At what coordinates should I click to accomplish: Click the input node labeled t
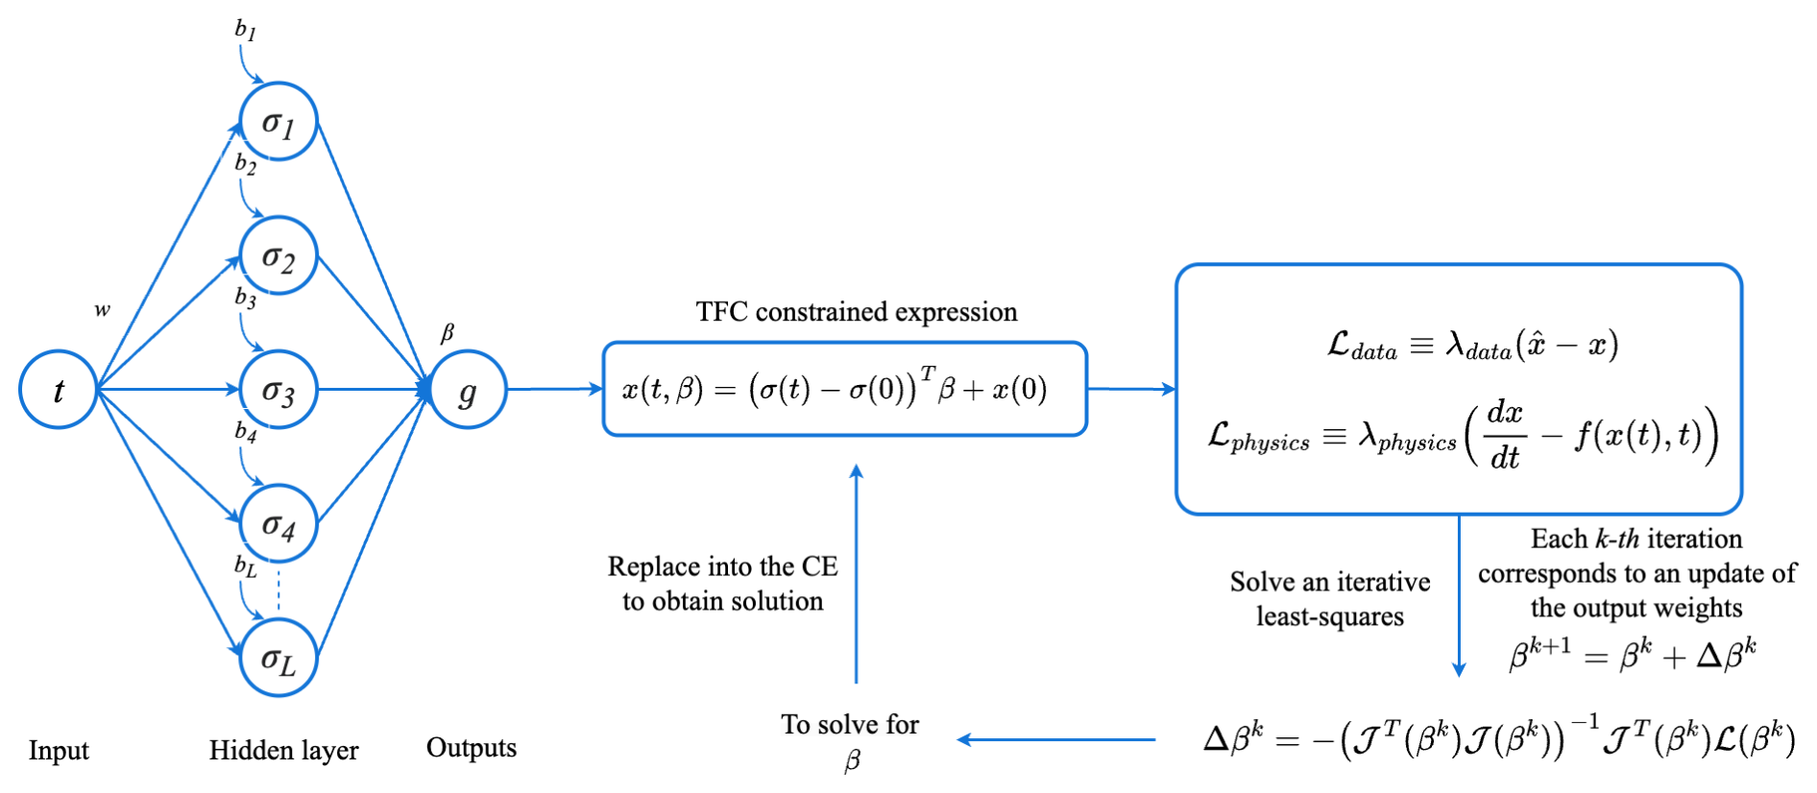(x=58, y=390)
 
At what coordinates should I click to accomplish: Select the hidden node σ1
(x=279, y=122)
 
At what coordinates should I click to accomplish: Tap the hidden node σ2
(x=279, y=256)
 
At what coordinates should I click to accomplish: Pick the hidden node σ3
(x=279, y=390)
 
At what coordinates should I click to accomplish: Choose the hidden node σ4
(x=279, y=524)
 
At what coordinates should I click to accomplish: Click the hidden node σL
(x=279, y=659)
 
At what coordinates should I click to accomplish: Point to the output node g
(x=468, y=390)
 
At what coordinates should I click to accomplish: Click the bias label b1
(x=246, y=30)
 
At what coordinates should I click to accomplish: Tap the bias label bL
(x=246, y=566)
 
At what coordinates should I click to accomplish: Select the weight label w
(x=102, y=310)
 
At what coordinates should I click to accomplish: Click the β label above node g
(x=447, y=333)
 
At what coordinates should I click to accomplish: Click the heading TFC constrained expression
(x=856, y=312)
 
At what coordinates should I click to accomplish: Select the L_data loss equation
(x=1472, y=346)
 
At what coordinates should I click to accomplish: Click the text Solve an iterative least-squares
(x=1330, y=599)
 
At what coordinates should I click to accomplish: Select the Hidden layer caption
(x=283, y=750)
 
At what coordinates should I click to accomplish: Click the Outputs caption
(x=471, y=748)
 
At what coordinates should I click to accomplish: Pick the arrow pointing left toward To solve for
(x=1056, y=739)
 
